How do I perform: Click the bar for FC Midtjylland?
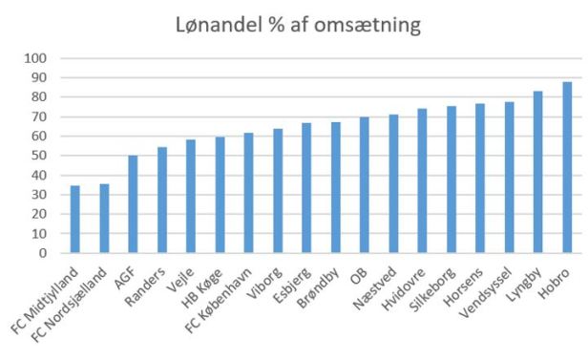point(75,220)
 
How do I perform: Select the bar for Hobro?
point(567,168)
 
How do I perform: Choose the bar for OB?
point(365,185)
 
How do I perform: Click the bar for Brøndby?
point(336,188)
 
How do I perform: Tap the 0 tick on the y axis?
point(42,254)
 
